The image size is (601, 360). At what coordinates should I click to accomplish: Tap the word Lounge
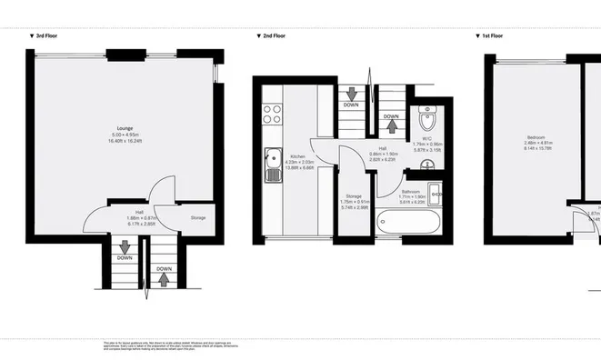125,129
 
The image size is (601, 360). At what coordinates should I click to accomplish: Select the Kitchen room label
297,155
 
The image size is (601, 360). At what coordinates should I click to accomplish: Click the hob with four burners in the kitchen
272,114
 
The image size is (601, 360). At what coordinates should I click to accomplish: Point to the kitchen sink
271,163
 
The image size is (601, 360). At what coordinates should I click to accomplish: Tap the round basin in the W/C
429,163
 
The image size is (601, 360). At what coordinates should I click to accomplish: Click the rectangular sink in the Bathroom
435,191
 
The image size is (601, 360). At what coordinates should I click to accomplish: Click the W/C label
420,138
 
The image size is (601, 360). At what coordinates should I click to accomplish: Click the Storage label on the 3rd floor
197,218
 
